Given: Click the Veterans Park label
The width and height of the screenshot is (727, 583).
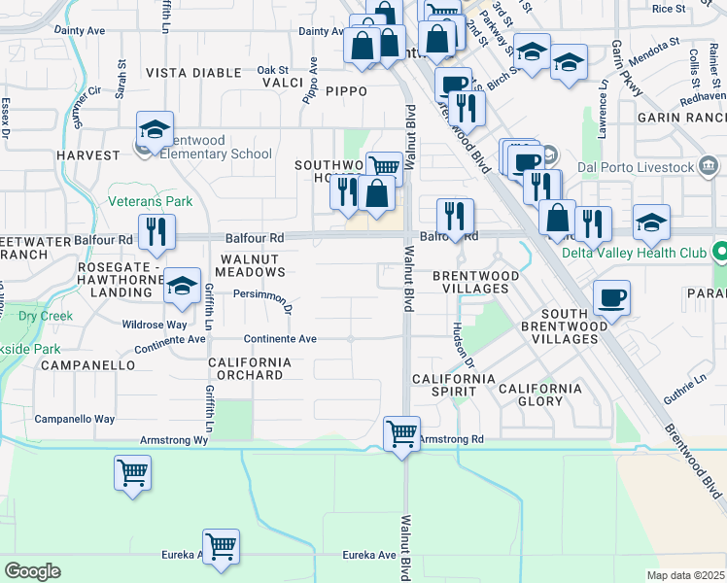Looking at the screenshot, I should pos(151,201).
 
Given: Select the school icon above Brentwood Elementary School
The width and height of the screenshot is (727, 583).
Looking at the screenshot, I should pos(155,129).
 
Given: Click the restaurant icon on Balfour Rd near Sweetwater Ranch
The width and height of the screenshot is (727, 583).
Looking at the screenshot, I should pos(156,232).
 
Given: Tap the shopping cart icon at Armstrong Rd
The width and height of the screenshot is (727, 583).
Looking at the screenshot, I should pos(401,433).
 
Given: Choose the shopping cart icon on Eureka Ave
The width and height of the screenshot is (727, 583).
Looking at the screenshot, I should pos(222,546).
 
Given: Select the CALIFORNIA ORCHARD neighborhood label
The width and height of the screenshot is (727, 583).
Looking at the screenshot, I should pos(250,368).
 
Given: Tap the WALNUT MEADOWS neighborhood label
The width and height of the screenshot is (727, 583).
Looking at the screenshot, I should pos(251,266).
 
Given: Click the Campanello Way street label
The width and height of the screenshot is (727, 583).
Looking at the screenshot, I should pos(75,419).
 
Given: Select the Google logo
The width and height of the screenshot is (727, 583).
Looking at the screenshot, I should pos(32,571).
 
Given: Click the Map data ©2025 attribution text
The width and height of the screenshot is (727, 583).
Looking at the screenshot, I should pos(685,575).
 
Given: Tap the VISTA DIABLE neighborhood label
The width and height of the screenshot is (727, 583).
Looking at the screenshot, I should pos(193,73).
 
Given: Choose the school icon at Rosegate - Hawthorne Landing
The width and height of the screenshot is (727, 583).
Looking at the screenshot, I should pos(182,286).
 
